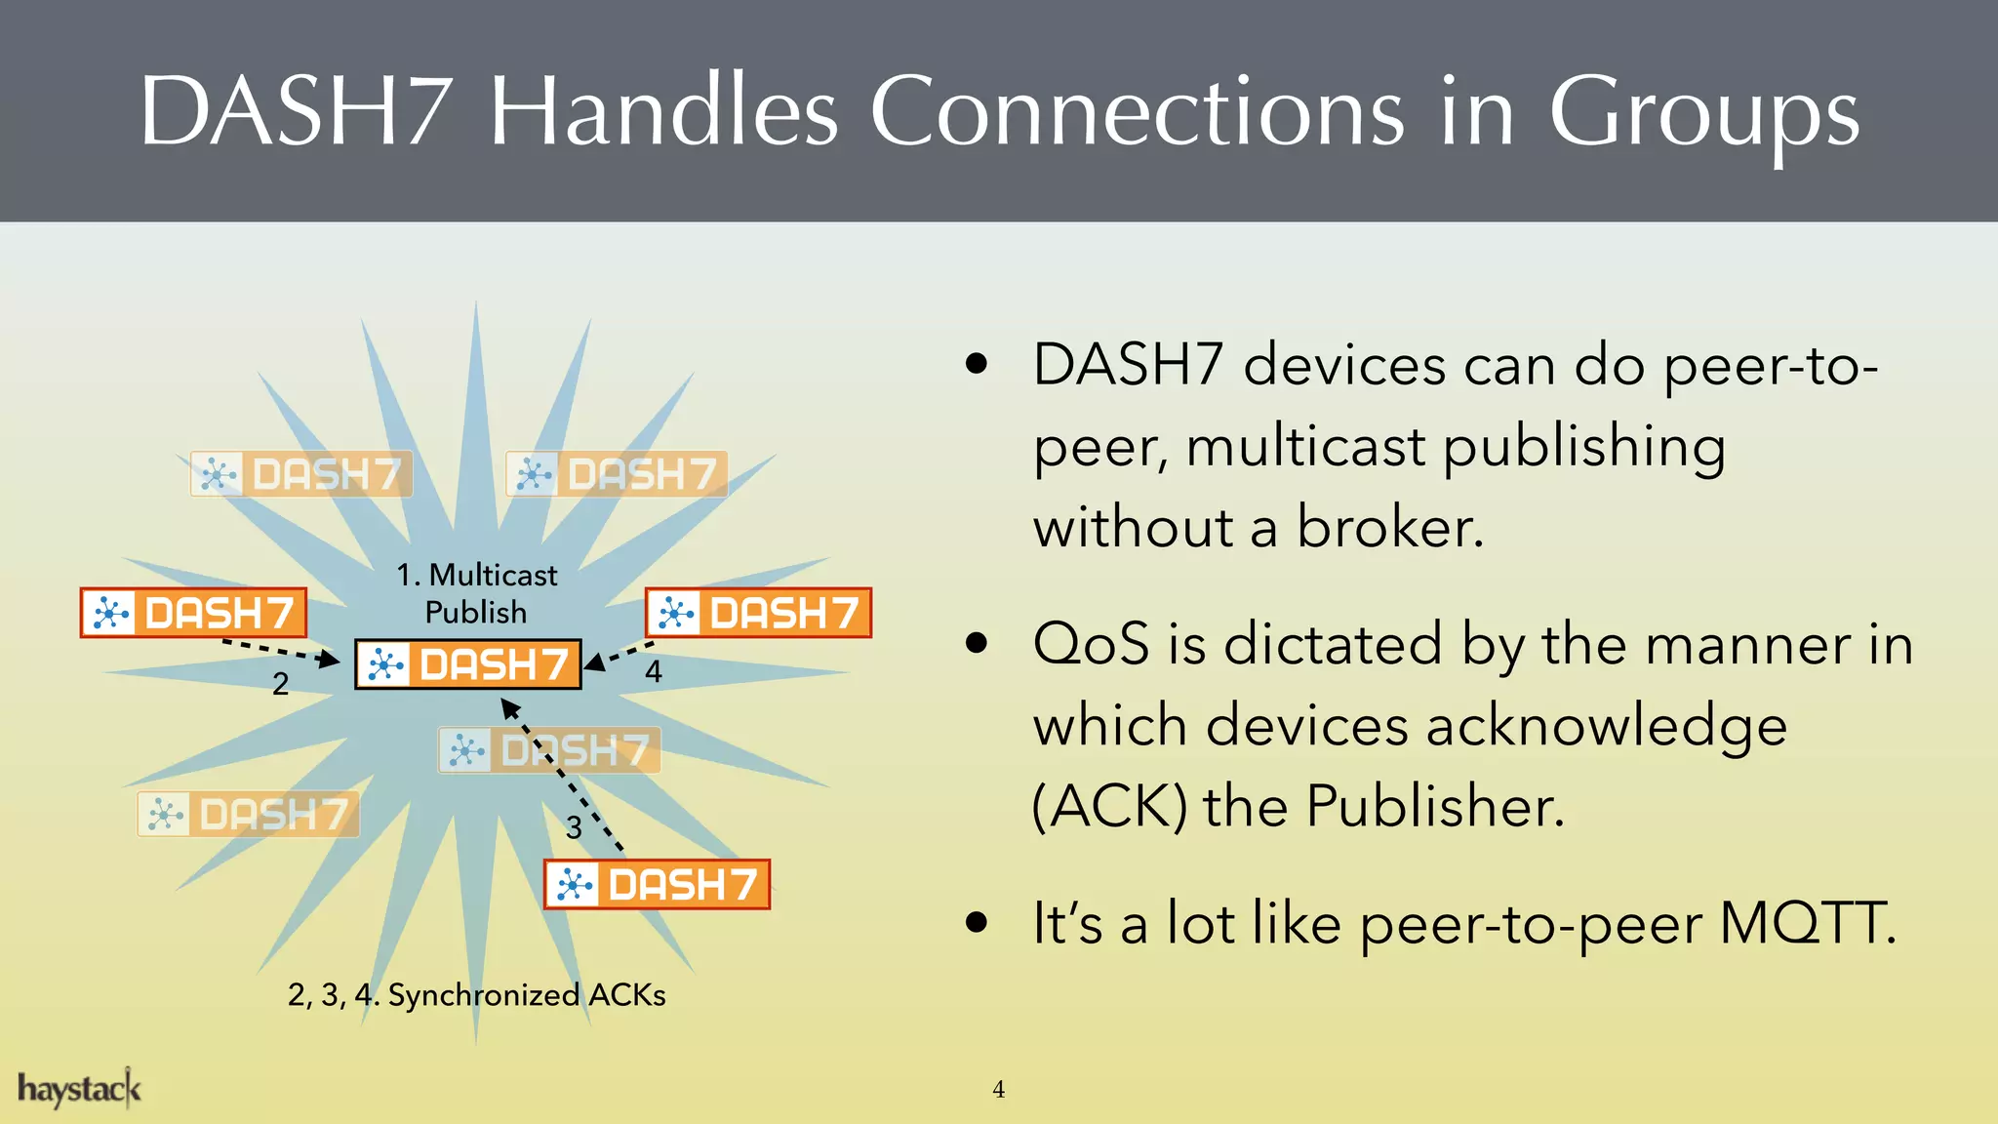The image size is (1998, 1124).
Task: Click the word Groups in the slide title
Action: click(x=1703, y=115)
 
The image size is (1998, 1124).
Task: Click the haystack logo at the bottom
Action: click(x=79, y=1089)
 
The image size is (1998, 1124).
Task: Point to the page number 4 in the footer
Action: click(x=998, y=1090)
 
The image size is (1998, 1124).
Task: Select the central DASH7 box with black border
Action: click(x=468, y=664)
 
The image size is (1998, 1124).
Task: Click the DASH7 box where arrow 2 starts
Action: click(x=193, y=613)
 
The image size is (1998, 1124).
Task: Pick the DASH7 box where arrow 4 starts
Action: click(x=758, y=613)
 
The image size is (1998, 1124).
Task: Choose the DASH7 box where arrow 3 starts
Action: click(x=657, y=884)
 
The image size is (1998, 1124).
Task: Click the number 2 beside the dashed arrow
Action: click(x=281, y=684)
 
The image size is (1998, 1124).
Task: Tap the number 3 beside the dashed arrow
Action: click(x=574, y=828)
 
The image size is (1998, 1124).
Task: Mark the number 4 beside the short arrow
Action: click(x=654, y=671)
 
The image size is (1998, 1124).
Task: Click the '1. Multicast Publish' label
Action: click(x=476, y=593)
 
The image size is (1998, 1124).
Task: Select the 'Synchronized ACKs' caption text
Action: click(x=527, y=995)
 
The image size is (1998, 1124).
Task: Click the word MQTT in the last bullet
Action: click(x=1807, y=923)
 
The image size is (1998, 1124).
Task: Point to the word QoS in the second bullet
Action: click(x=1091, y=645)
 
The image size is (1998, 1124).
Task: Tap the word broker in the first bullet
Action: click(x=1389, y=528)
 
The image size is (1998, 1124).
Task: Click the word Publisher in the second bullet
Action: click(x=1435, y=807)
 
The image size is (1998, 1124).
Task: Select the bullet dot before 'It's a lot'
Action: click(x=977, y=922)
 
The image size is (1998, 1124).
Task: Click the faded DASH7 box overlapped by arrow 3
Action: click(x=549, y=750)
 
